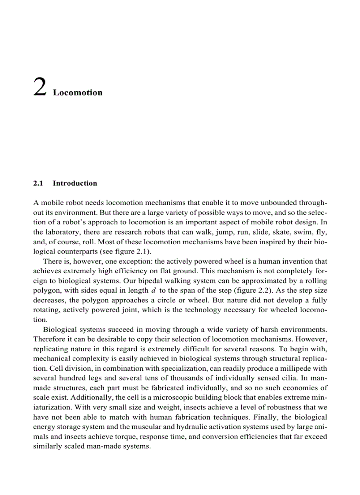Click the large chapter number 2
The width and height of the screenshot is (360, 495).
pos(40,87)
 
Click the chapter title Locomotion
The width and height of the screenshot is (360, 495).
pos(78,93)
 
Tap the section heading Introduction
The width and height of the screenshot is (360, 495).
pos(75,183)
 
